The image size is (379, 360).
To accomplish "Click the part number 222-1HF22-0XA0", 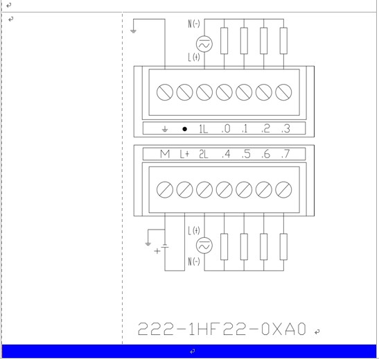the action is pos(222,329).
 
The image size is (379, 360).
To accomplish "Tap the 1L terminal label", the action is pos(203,129).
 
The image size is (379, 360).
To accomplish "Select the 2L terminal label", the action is pos(203,154).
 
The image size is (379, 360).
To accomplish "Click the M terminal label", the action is pos(165,154).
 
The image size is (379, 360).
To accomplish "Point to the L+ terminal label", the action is pos(184,154).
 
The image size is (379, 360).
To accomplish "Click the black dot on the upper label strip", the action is pos(184,129).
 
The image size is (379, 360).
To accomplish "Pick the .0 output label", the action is pos(226,129).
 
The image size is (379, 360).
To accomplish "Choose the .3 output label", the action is pos(285,129).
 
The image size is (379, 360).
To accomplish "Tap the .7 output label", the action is pos(285,154).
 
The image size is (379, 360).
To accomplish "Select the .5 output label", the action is pos(246,154).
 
